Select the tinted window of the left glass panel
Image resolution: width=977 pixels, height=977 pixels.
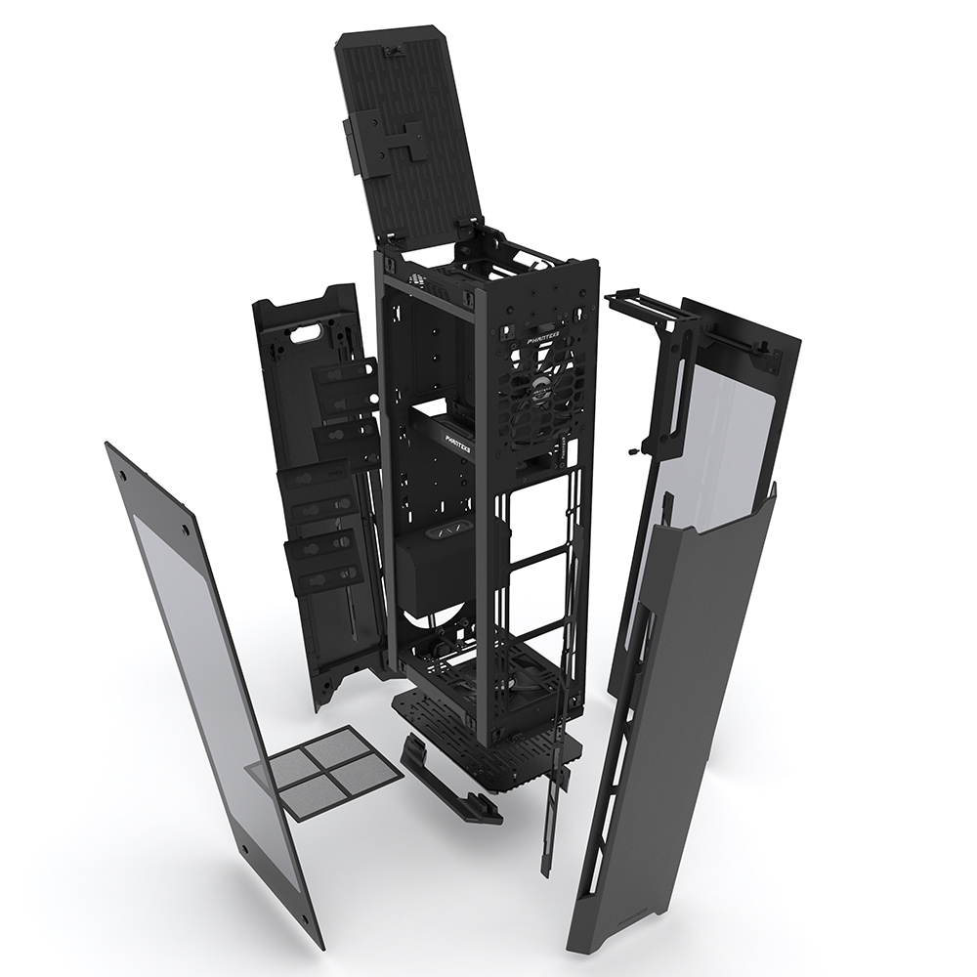205,664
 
